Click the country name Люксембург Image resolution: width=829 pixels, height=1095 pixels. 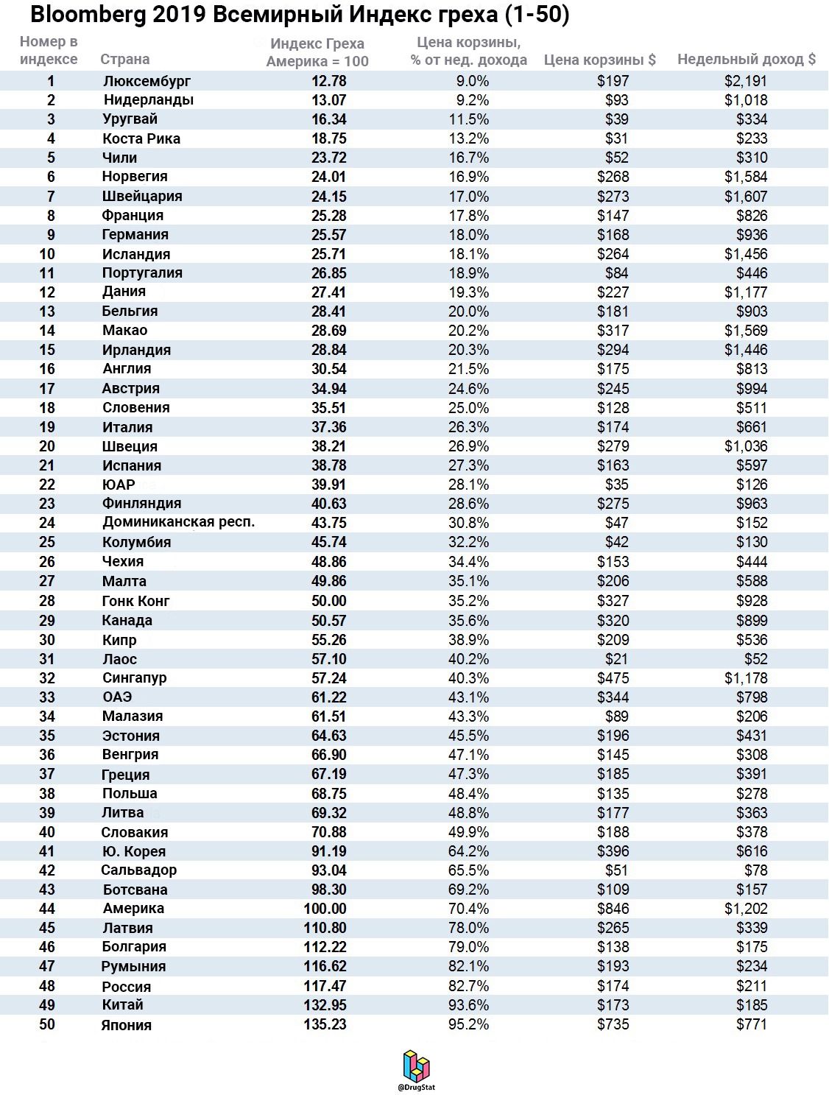click(x=147, y=81)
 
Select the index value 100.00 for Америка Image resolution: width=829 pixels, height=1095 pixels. click(x=325, y=909)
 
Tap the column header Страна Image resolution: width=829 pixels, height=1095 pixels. click(x=124, y=60)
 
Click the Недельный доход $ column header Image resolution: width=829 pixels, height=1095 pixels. click(x=746, y=60)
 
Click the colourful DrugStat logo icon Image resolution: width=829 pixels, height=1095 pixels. click(x=416, y=1066)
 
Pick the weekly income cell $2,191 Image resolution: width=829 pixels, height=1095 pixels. click(x=745, y=81)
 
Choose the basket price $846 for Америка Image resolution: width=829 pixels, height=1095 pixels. click(x=613, y=909)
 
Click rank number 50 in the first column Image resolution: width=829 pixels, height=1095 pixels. click(x=47, y=1024)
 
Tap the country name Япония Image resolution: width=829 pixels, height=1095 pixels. click(x=126, y=1025)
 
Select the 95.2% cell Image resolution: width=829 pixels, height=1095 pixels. click(x=468, y=1024)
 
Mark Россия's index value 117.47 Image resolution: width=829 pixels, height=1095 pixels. click(x=325, y=986)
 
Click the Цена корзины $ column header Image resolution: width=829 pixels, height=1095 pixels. click(x=599, y=60)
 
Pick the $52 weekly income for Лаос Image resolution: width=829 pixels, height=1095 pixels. click(x=755, y=659)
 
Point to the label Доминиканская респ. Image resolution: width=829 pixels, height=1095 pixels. click(x=178, y=522)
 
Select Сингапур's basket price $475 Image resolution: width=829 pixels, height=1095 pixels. click(x=613, y=678)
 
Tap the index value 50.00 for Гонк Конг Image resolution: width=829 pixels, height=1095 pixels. click(x=328, y=601)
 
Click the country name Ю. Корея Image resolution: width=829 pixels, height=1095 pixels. click(x=133, y=851)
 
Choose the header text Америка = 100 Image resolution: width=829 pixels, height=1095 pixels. click(x=317, y=61)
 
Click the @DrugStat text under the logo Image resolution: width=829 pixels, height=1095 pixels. click(x=416, y=1088)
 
